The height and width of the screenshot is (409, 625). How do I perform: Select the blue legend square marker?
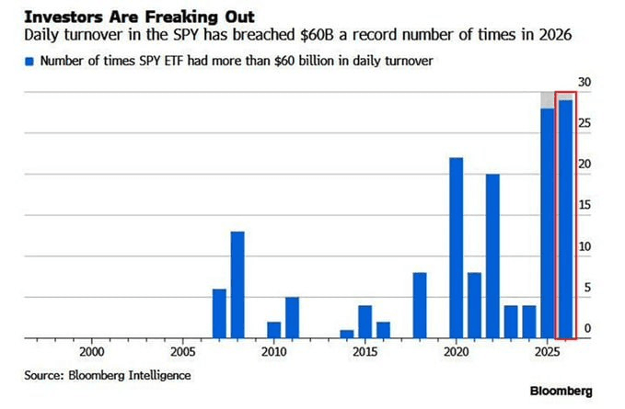(x=29, y=61)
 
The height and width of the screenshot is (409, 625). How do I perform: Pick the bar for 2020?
(x=456, y=248)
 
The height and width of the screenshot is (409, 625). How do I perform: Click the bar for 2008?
(x=237, y=285)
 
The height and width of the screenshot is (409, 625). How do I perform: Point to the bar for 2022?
(x=492, y=256)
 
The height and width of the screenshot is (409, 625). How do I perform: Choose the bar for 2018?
(x=420, y=305)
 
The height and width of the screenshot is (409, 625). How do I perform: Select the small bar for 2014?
(x=347, y=334)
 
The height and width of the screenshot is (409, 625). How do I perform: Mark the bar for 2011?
(x=292, y=317)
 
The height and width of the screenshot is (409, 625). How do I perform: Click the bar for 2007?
(x=219, y=313)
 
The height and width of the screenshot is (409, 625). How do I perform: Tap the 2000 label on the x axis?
(x=91, y=352)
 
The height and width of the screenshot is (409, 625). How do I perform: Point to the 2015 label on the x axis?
(x=365, y=352)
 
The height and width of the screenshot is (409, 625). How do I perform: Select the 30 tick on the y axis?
(x=584, y=83)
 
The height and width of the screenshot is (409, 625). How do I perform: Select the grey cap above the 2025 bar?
(x=547, y=99)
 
